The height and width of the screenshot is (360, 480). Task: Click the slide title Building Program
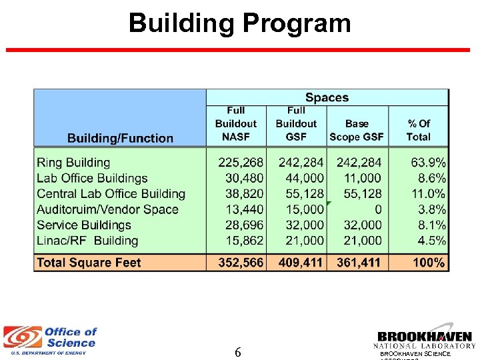pyautogui.click(x=239, y=23)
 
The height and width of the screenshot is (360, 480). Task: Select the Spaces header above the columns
pyautogui.click(x=327, y=97)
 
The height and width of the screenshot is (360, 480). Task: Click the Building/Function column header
pyautogui.click(x=120, y=138)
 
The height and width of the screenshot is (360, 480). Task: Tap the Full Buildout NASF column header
pyautogui.click(x=235, y=123)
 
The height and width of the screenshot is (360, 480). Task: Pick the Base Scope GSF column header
pyautogui.click(x=357, y=130)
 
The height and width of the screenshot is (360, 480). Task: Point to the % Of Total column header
pyautogui.click(x=418, y=130)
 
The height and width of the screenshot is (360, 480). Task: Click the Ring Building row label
pyautogui.click(x=73, y=162)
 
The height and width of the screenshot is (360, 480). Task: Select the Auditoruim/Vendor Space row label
pyautogui.click(x=107, y=209)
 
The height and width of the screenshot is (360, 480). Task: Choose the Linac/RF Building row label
pyautogui.click(x=87, y=241)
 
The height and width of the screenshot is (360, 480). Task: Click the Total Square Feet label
pyautogui.click(x=89, y=263)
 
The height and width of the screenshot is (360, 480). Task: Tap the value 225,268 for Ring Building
pyautogui.click(x=241, y=162)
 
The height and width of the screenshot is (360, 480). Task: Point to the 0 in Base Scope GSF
pyautogui.click(x=377, y=209)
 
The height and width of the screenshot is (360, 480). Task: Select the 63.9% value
pyautogui.click(x=428, y=162)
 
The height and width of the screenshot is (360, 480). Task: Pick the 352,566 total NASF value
pyautogui.click(x=241, y=263)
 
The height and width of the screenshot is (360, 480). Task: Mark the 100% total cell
pyautogui.click(x=428, y=263)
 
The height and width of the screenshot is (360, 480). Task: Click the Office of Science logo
pyautogui.click(x=51, y=340)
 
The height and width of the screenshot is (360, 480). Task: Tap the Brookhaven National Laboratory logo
pyautogui.click(x=425, y=340)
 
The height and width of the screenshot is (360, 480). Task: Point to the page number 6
pyautogui.click(x=238, y=353)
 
